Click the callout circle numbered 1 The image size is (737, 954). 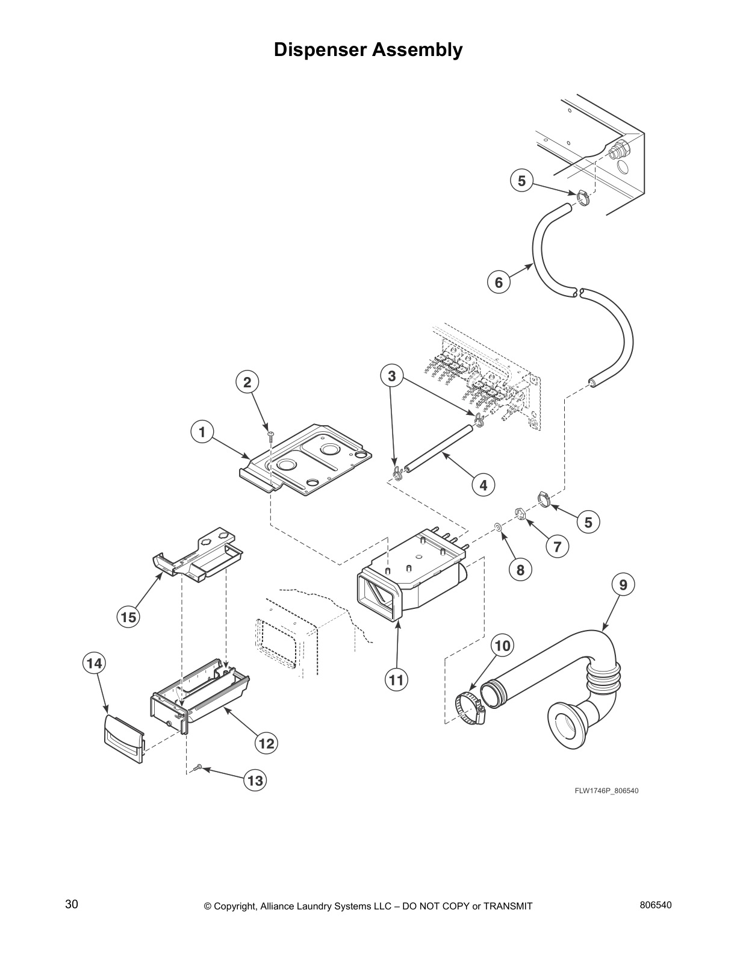202,432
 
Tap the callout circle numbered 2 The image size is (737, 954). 246,381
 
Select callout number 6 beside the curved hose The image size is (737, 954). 499,282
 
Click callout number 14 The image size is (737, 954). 94,663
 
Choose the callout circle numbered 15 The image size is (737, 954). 128,616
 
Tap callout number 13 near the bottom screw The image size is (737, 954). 255,781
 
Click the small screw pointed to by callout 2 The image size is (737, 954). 271,434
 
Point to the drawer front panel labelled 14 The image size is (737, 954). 124,738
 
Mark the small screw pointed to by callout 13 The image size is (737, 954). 198,767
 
